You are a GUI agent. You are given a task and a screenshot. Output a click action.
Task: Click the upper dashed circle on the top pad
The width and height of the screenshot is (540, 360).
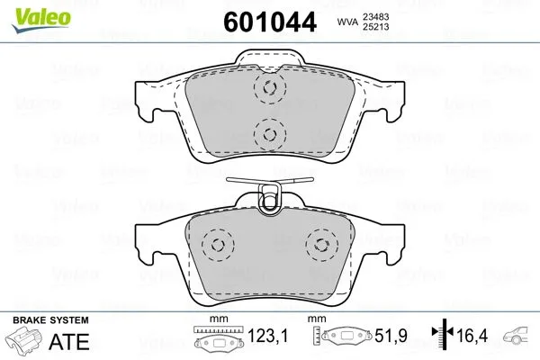point(267,88)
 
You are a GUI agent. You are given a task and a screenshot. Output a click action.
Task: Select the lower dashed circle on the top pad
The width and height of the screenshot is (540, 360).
point(267,134)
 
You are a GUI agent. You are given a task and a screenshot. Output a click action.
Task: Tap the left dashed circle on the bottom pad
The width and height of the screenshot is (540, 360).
point(215,244)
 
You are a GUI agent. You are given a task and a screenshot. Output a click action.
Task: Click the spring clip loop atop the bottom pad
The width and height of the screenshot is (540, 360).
point(267,200)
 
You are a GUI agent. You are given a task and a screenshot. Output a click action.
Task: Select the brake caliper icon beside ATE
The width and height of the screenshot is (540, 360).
point(26,342)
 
